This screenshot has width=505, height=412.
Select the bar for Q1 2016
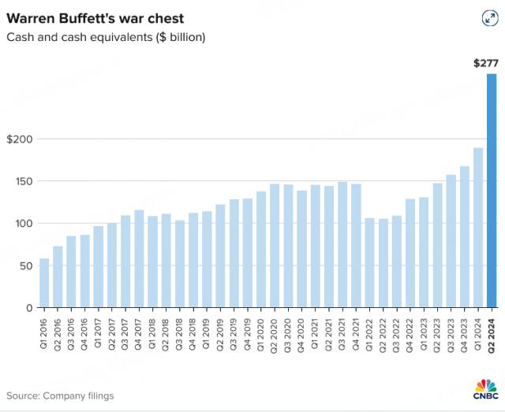(44, 283)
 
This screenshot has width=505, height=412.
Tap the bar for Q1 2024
(478, 228)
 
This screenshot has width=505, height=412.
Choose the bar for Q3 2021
(342, 245)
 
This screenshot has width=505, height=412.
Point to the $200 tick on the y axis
(20, 139)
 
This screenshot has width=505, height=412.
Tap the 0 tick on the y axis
(28, 307)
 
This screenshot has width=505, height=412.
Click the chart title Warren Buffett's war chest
(95, 17)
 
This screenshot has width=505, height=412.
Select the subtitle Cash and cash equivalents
(106, 37)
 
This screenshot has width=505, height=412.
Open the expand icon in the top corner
(488, 19)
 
